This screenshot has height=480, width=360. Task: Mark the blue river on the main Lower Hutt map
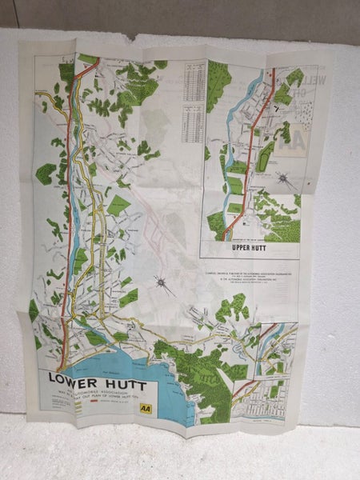[x=79, y=256]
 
